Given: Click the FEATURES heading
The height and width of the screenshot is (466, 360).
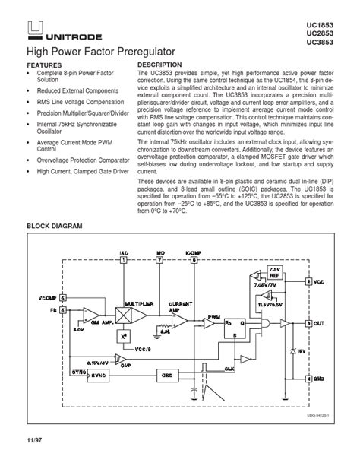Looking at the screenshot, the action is (x=45, y=66).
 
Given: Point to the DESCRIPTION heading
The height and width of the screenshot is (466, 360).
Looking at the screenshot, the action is (x=159, y=65).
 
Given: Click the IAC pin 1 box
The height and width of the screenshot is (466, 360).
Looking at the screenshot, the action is (x=124, y=259).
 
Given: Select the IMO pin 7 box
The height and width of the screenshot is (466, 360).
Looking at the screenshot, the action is (x=159, y=259).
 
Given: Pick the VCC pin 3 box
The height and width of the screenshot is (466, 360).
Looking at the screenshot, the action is (x=308, y=281).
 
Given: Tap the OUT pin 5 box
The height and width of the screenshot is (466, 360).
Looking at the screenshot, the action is (x=308, y=323).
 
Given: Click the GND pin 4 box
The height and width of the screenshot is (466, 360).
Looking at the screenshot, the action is (x=308, y=378).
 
